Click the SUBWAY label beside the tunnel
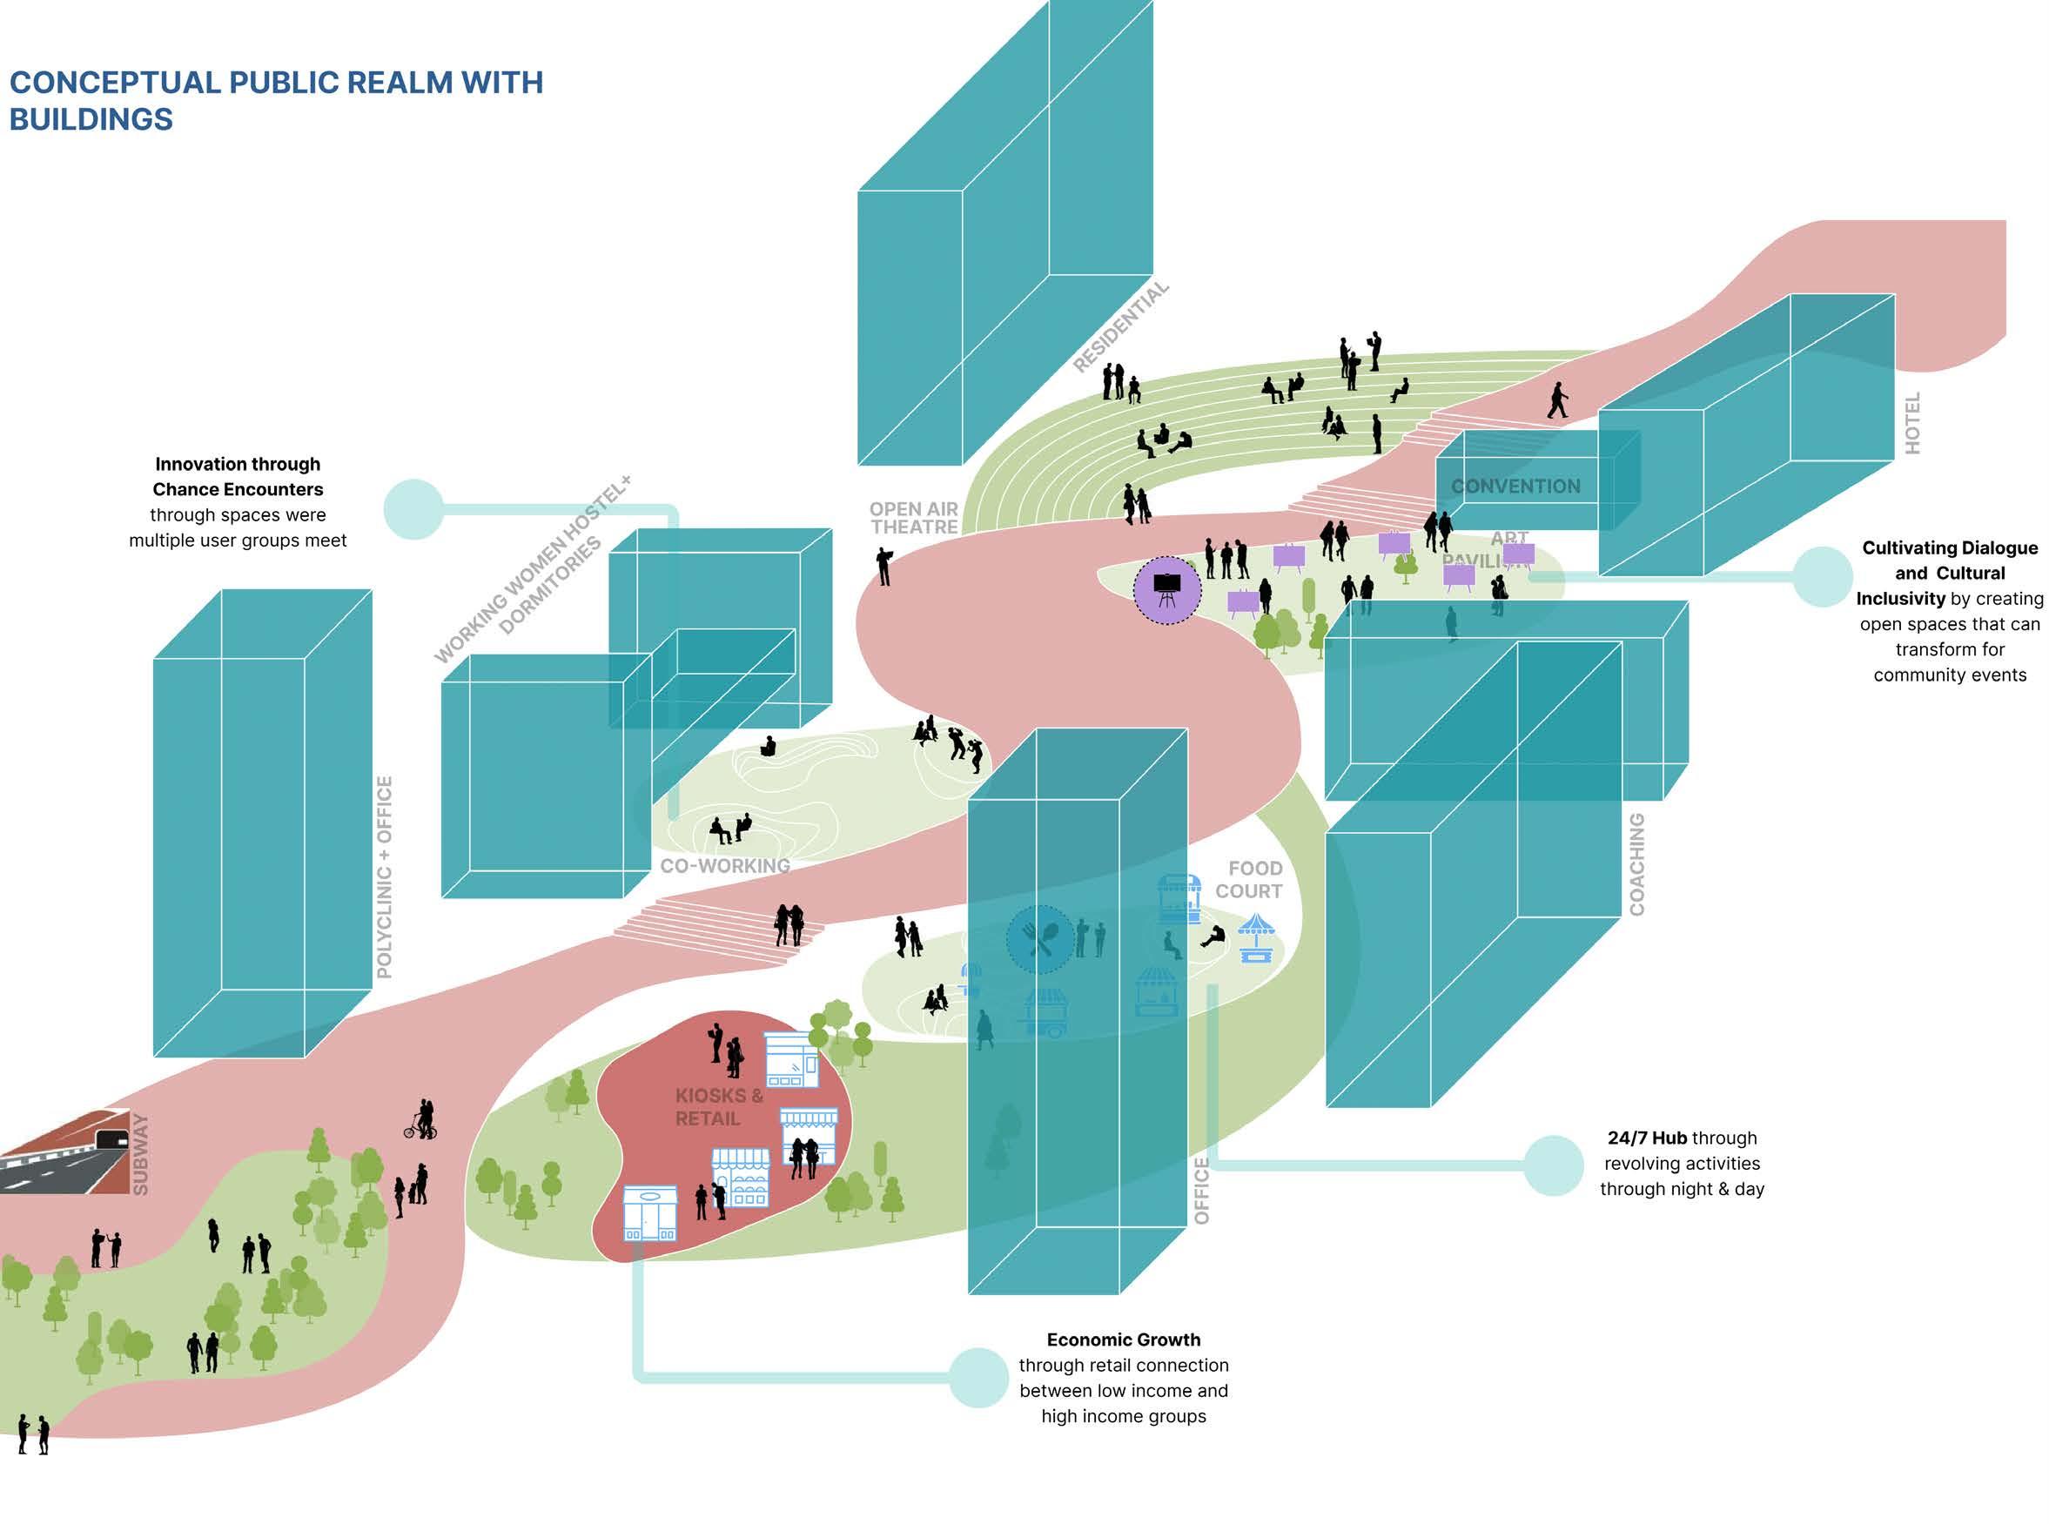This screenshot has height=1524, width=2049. pos(140,1154)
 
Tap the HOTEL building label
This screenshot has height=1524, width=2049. pos(1912,422)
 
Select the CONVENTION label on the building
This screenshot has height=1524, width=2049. pos(1515,487)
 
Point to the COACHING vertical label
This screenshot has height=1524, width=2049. pos(1636,864)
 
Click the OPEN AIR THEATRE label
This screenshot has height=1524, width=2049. pos(913,518)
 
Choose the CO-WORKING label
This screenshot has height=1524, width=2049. pos(725,866)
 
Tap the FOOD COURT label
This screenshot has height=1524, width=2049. pos(1250,879)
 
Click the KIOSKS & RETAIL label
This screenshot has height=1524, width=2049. pos(719,1107)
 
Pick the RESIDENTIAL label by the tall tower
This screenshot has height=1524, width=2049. pos(1120,326)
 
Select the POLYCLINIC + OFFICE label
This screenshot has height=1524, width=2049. pos(385,876)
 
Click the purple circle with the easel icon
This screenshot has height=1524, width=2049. pos(1167,590)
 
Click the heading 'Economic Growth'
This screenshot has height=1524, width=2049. pos(1123,1339)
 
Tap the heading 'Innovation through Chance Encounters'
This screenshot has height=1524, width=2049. pos(238,476)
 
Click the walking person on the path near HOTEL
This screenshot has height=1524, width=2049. pos(1557,400)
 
